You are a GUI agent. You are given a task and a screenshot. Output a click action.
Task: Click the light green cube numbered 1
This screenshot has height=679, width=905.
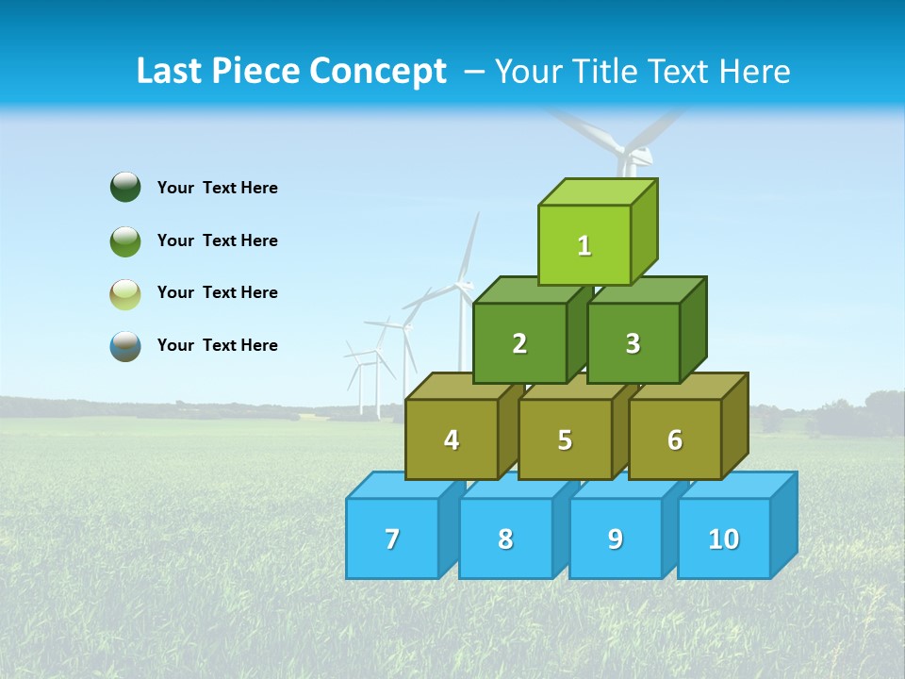pos(584,245)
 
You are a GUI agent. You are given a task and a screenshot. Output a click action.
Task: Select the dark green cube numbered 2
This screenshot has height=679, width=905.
pos(519,343)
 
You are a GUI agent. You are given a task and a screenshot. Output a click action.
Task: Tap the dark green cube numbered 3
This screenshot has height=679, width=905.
pos(633,343)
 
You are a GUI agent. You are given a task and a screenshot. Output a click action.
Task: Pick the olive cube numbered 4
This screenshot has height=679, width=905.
pos(452,439)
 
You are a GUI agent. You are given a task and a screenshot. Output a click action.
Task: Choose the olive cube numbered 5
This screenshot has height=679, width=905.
pos(565,439)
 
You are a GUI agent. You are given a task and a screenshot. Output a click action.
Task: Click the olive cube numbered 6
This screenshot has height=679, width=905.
pos(675,439)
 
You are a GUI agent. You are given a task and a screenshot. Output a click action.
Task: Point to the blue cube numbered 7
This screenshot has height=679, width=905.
pos(392,538)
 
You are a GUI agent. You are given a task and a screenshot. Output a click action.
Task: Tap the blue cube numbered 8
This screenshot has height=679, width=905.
pos(505,538)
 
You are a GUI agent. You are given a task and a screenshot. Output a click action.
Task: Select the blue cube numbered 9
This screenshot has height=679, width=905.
pos(616,538)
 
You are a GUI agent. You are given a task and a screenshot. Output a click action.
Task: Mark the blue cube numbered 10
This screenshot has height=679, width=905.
pos(724,538)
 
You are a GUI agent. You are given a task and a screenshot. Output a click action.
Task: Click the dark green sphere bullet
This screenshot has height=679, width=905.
pos(125,187)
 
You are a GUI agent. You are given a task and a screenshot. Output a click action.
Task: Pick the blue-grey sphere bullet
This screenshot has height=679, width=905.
pos(125,345)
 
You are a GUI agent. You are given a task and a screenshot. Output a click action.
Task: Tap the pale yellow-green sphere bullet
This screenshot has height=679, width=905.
pos(125,293)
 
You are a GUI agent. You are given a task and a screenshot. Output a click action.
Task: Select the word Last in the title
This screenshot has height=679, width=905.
pos(171,72)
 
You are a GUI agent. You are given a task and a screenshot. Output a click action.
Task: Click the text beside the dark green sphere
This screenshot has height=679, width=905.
pos(218,188)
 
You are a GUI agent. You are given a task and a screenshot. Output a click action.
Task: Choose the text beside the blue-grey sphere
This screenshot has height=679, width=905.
pos(218,345)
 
